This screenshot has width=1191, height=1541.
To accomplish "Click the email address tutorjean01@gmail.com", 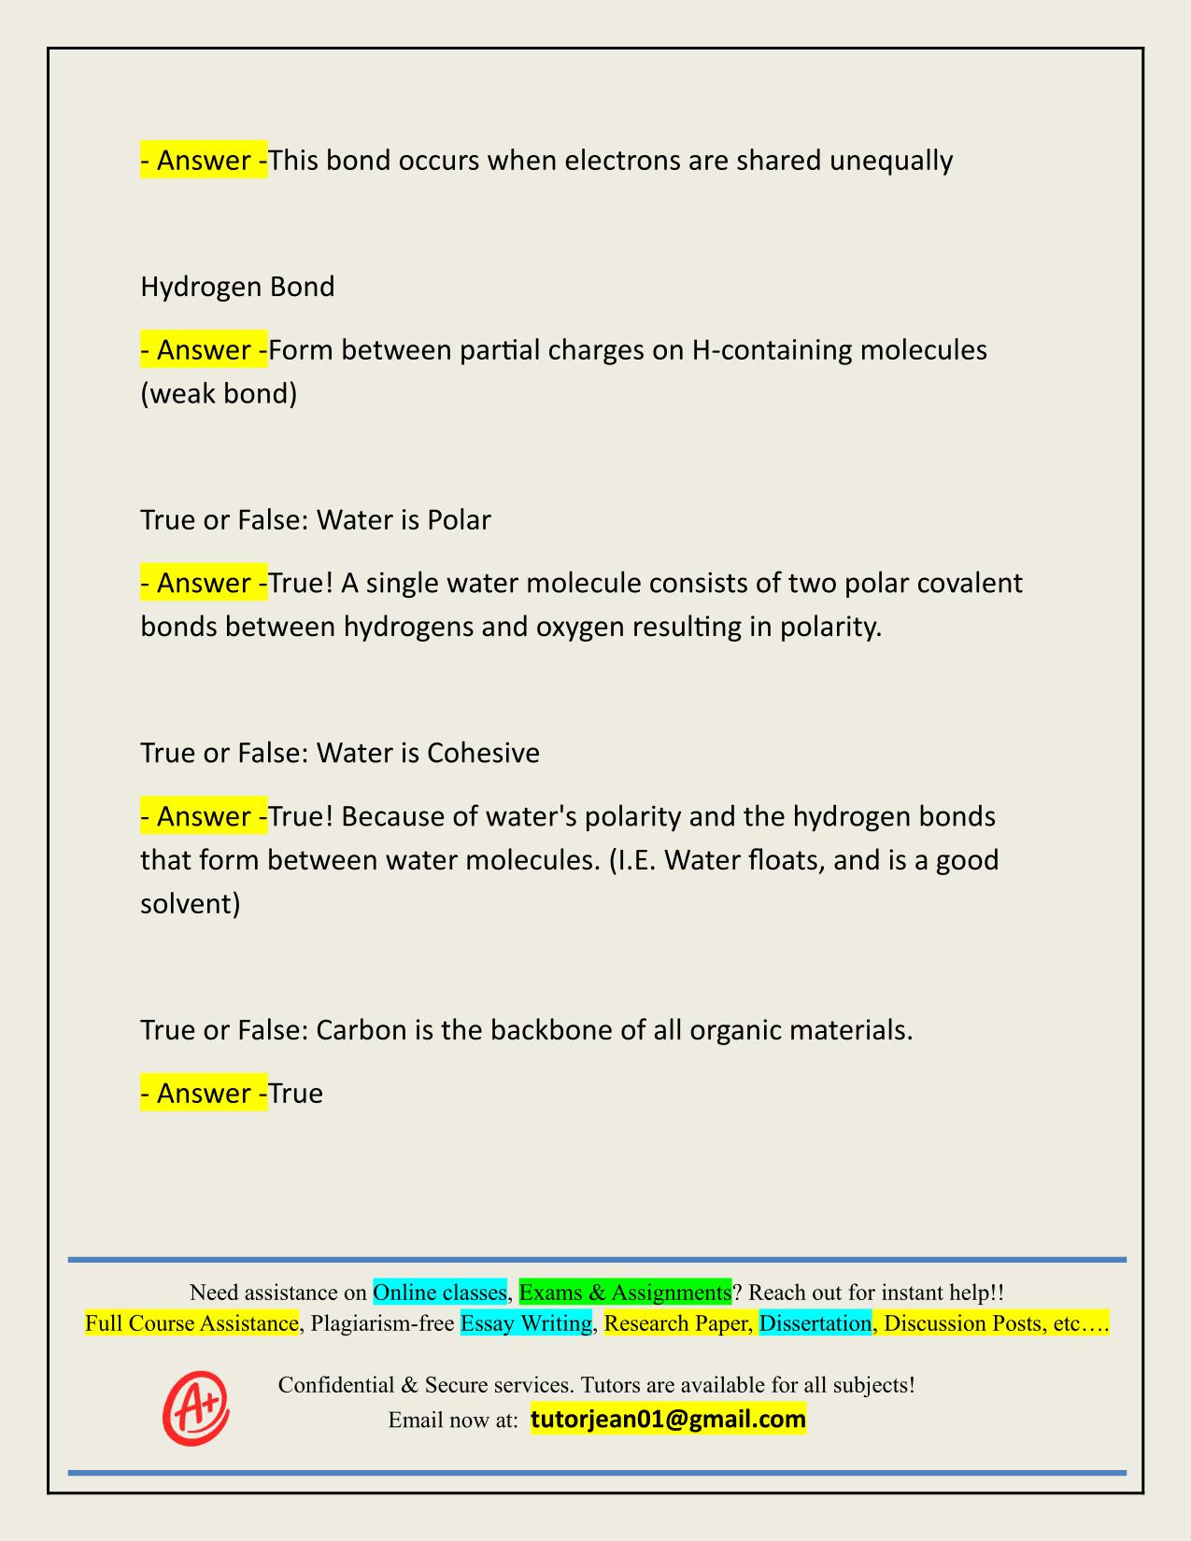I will pyautogui.click(x=668, y=1420).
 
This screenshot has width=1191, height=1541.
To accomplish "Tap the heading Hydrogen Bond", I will pyautogui.click(x=237, y=287).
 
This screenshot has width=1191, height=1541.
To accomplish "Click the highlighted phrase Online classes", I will pyautogui.click(x=439, y=1293).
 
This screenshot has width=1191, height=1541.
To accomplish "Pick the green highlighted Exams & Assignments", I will pyautogui.click(x=625, y=1293).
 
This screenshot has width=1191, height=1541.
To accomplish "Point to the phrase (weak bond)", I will pyautogui.click(x=219, y=393).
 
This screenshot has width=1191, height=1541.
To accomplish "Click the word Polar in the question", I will pyautogui.click(x=459, y=519).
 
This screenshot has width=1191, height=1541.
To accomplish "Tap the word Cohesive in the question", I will pyautogui.click(x=483, y=753).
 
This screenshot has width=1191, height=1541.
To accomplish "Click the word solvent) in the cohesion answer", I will pyautogui.click(x=191, y=903).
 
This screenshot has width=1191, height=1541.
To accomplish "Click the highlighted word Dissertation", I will pyautogui.click(x=815, y=1323).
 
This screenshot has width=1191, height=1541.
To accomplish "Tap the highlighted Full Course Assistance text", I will pyautogui.click(x=191, y=1323).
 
